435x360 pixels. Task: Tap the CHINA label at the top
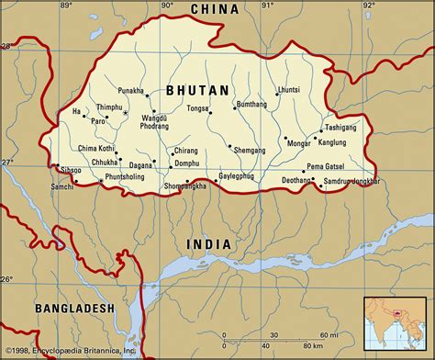pyautogui.click(x=215, y=9)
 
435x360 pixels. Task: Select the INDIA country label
pyautogui.click(x=208, y=243)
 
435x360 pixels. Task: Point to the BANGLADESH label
pyautogui.click(x=74, y=309)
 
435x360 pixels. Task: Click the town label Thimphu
pyautogui.click(x=109, y=107)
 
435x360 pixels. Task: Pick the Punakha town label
pyautogui.click(x=131, y=92)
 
